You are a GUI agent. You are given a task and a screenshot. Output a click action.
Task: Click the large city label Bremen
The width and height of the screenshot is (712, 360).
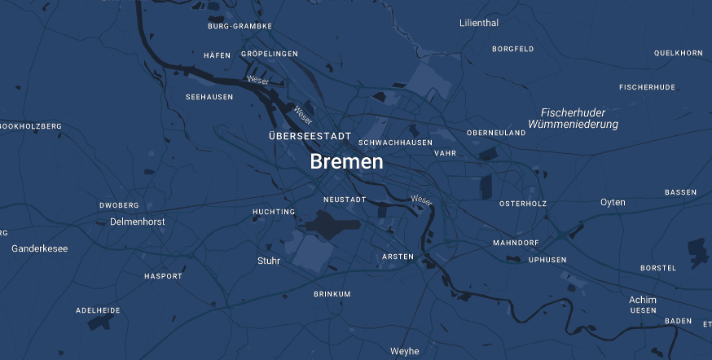pyautogui.click(x=346, y=162)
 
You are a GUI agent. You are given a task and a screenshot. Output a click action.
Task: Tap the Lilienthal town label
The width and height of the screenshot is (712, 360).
pyautogui.click(x=479, y=23)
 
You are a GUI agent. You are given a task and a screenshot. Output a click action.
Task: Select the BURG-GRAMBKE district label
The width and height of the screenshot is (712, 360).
pyautogui.click(x=240, y=26)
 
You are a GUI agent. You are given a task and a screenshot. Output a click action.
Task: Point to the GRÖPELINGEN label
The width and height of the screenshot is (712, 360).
pyautogui.click(x=270, y=54)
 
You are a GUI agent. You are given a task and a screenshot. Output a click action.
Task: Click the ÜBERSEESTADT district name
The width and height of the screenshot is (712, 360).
pyautogui.click(x=310, y=135)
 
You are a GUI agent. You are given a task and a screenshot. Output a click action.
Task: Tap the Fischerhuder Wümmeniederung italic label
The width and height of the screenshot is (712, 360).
pyautogui.click(x=573, y=118)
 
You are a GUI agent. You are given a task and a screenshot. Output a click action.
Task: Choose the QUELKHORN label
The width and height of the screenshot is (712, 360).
pyautogui.click(x=678, y=53)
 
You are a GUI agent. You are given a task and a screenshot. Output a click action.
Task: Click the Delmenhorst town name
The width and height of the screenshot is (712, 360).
pyautogui.click(x=138, y=222)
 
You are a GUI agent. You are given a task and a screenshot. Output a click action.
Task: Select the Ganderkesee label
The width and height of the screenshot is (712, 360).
pyautogui.click(x=40, y=248)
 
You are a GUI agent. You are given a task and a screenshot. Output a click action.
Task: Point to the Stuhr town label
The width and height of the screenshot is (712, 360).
pyautogui.click(x=269, y=261)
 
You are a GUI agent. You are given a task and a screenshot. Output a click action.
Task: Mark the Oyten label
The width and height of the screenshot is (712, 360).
pyautogui.click(x=613, y=202)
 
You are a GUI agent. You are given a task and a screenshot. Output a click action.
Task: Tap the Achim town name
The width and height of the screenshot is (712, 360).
pyautogui.click(x=643, y=300)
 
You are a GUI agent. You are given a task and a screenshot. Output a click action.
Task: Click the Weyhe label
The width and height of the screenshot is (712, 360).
pyautogui.click(x=405, y=352)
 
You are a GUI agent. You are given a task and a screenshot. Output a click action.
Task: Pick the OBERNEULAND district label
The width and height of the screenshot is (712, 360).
pyautogui.click(x=496, y=133)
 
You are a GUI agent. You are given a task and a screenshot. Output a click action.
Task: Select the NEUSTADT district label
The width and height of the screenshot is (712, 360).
pyautogui.click(x=345, y=200)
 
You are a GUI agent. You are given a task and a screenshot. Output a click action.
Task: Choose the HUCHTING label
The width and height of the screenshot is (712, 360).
pyautogui.click(x=274, y=212)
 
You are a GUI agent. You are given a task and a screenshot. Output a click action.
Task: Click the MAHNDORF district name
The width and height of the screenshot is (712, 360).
pyautogui.click(x=516, y=244)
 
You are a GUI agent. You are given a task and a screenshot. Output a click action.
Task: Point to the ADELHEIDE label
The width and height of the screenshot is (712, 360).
pyautogui.click(x=98, y=310)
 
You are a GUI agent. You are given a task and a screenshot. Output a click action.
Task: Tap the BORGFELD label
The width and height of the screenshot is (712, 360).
pyautogui.click(x=513, y=49)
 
